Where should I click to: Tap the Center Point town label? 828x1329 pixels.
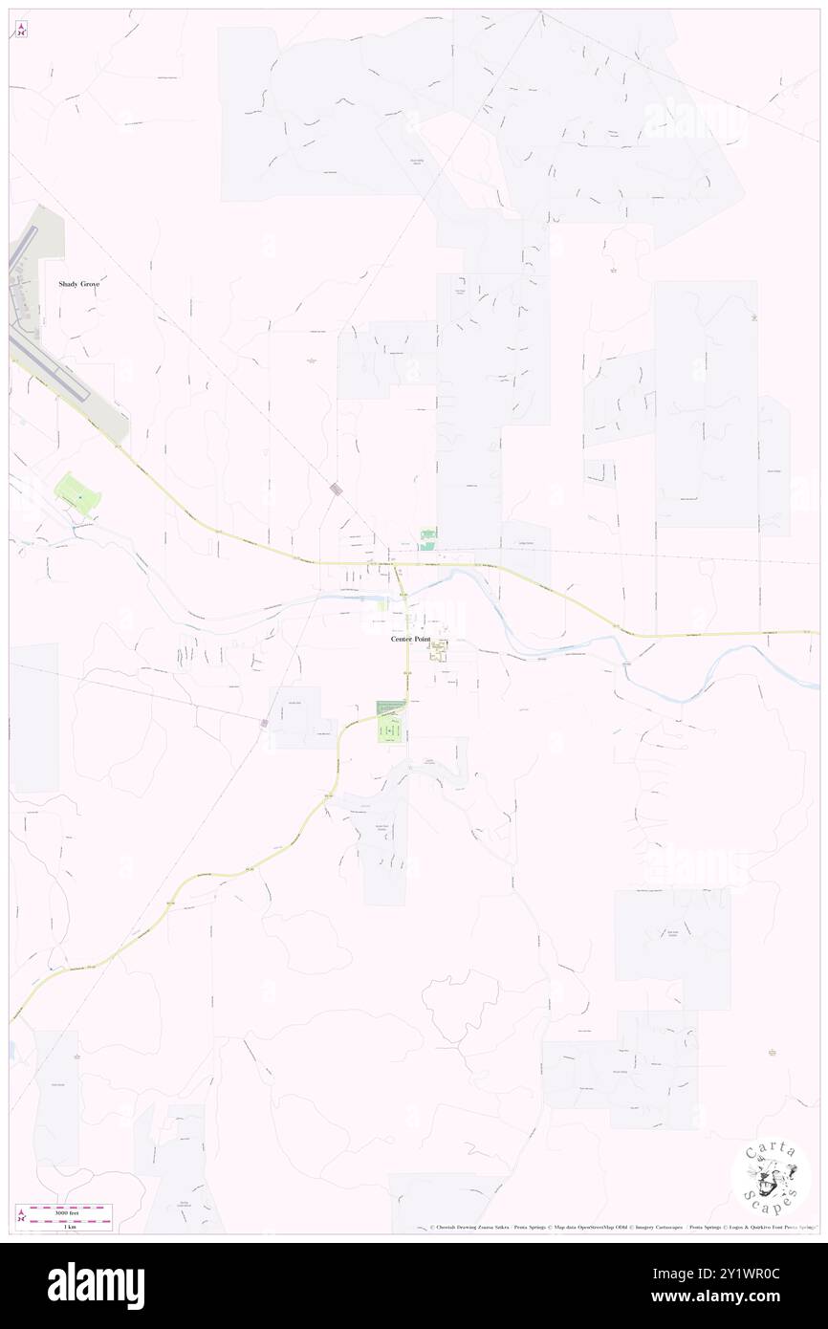(410, 639)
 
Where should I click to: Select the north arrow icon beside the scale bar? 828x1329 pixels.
(21, 1216)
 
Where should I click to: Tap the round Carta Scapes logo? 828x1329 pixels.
(772, 1176)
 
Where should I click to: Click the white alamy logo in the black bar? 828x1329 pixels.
(96, 1285)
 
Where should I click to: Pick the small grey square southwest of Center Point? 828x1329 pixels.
(264, 723)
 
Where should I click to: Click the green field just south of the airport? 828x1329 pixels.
(76, 493)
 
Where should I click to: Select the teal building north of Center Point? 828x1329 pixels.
(428, 538)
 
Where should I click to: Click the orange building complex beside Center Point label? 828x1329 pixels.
(440, 652)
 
